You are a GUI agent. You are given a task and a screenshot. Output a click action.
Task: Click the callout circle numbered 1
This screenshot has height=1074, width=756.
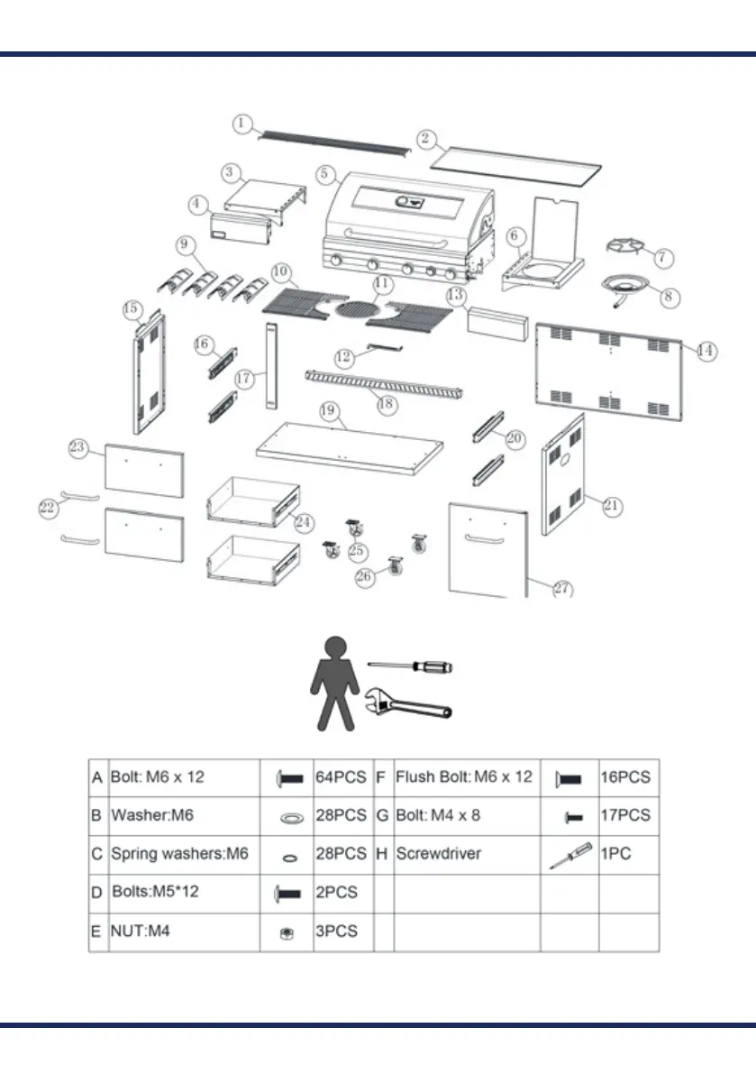[243, 123]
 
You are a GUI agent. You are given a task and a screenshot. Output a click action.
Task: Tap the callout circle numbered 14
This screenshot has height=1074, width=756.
[706, 351]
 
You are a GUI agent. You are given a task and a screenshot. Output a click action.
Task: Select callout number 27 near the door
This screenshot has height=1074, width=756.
[561, 589]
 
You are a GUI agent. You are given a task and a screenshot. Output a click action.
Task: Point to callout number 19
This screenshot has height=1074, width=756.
[329, 411]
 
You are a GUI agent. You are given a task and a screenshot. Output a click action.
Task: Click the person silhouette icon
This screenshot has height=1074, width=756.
[334, 683]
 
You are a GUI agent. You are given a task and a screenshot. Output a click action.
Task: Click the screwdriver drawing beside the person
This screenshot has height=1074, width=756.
[411, 667]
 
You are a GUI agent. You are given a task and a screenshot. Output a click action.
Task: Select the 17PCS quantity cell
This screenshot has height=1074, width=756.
[624, 816]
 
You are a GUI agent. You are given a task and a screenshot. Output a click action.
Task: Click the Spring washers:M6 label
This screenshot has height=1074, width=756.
[179, 854]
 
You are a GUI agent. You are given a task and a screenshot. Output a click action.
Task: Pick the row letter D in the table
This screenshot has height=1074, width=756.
[96, 893]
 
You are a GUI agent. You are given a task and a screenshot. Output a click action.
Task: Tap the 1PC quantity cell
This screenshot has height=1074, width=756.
[616, 854]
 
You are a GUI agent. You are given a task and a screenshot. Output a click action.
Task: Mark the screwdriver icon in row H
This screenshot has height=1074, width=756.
[569, 855]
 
